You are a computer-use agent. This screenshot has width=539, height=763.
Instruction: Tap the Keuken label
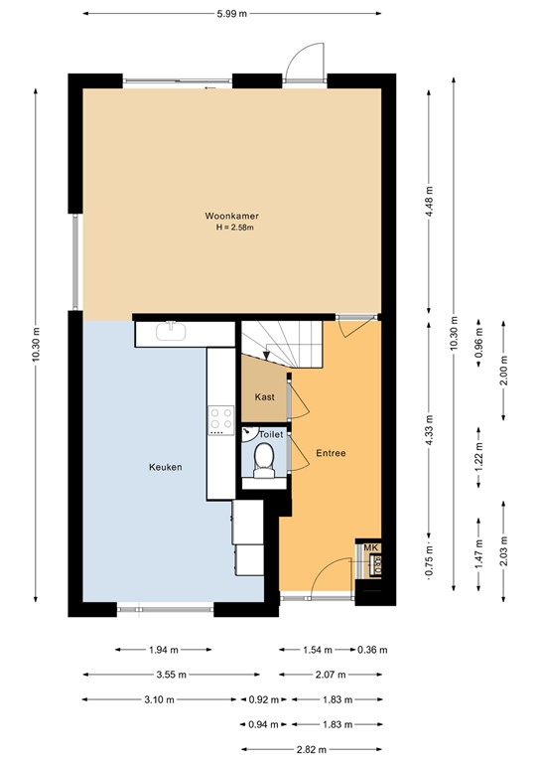point(165,466)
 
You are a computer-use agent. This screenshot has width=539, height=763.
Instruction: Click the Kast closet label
point(264,396)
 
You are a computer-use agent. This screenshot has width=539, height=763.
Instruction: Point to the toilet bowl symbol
point(264,458)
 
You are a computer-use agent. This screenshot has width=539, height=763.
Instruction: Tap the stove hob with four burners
point(217,422)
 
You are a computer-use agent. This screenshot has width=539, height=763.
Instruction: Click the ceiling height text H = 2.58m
point(235,228)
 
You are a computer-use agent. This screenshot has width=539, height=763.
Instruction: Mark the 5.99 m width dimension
point(231,13)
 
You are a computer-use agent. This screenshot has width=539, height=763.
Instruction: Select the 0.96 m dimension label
point(478,341)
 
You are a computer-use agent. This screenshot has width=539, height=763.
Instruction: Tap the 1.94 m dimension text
point(163,650)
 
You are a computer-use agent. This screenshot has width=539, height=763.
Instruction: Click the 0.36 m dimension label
point(371,650)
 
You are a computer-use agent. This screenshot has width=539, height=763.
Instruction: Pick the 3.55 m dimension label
point(163,675)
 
